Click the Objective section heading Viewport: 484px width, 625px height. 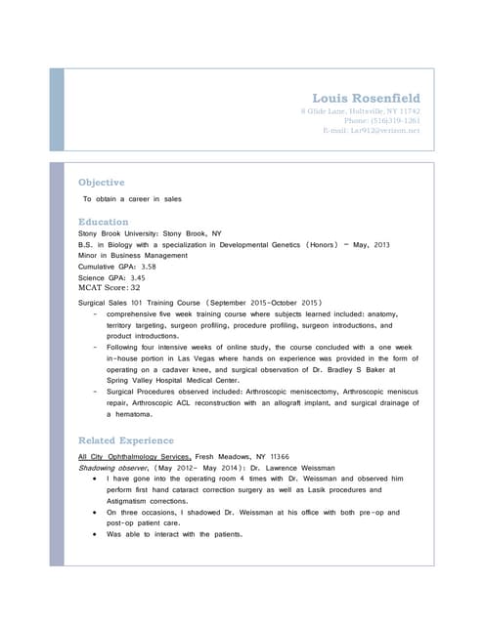pyautogui.click(x=101, y=183)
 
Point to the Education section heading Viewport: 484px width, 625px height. pyautogui.click(x=103, y=222)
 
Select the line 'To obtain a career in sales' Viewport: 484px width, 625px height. pyautogui.click(x=132, y=199)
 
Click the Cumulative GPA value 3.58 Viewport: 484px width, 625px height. pyautogui.click(x=149, y=266)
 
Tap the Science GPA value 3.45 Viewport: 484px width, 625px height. pyautogui.click(x=138, y=277)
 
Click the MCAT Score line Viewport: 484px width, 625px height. pyautogui.click(x=109, y=288)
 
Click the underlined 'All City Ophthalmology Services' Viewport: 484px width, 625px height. pyautogui.click(x=134, y=457)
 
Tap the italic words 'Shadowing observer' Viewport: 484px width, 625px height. pyautogui.click(x=109, y=468)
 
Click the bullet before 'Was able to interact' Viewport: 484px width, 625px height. pyautogui.click(x=92, y=534)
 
